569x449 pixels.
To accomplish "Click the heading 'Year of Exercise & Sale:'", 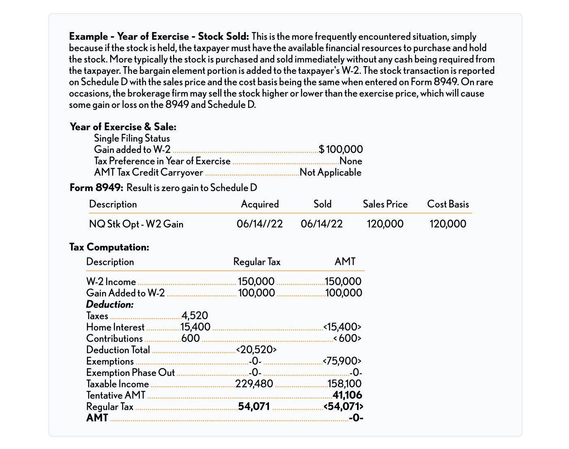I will [123, 127].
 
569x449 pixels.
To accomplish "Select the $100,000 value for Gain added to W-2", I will [341, 150].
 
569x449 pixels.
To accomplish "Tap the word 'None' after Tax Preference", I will [350, 161].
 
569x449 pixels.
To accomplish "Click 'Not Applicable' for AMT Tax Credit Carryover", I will [330, 172].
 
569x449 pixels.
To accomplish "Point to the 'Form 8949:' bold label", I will [96, 188].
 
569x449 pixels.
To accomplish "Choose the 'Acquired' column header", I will [260, 204].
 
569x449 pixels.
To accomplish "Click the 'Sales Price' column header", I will [385, 204].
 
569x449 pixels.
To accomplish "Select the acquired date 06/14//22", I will [260, 224].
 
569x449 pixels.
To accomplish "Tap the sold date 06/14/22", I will [322, 224].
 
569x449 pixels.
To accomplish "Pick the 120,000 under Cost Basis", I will [448, 224].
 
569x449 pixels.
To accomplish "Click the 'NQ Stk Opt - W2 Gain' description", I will [136, 224].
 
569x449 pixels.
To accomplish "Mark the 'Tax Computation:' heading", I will [109, 247].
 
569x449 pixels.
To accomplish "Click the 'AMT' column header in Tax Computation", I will [345, 262].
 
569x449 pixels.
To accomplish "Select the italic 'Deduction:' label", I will [110, 304].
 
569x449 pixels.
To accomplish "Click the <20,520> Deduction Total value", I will [256, 350].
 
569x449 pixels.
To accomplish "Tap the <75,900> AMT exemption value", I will [342, 361].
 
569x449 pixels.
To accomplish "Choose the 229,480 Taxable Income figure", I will [254, 384].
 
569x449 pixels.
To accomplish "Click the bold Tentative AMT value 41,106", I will [347, 395].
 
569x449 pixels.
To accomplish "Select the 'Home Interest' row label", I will [115, 327].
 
